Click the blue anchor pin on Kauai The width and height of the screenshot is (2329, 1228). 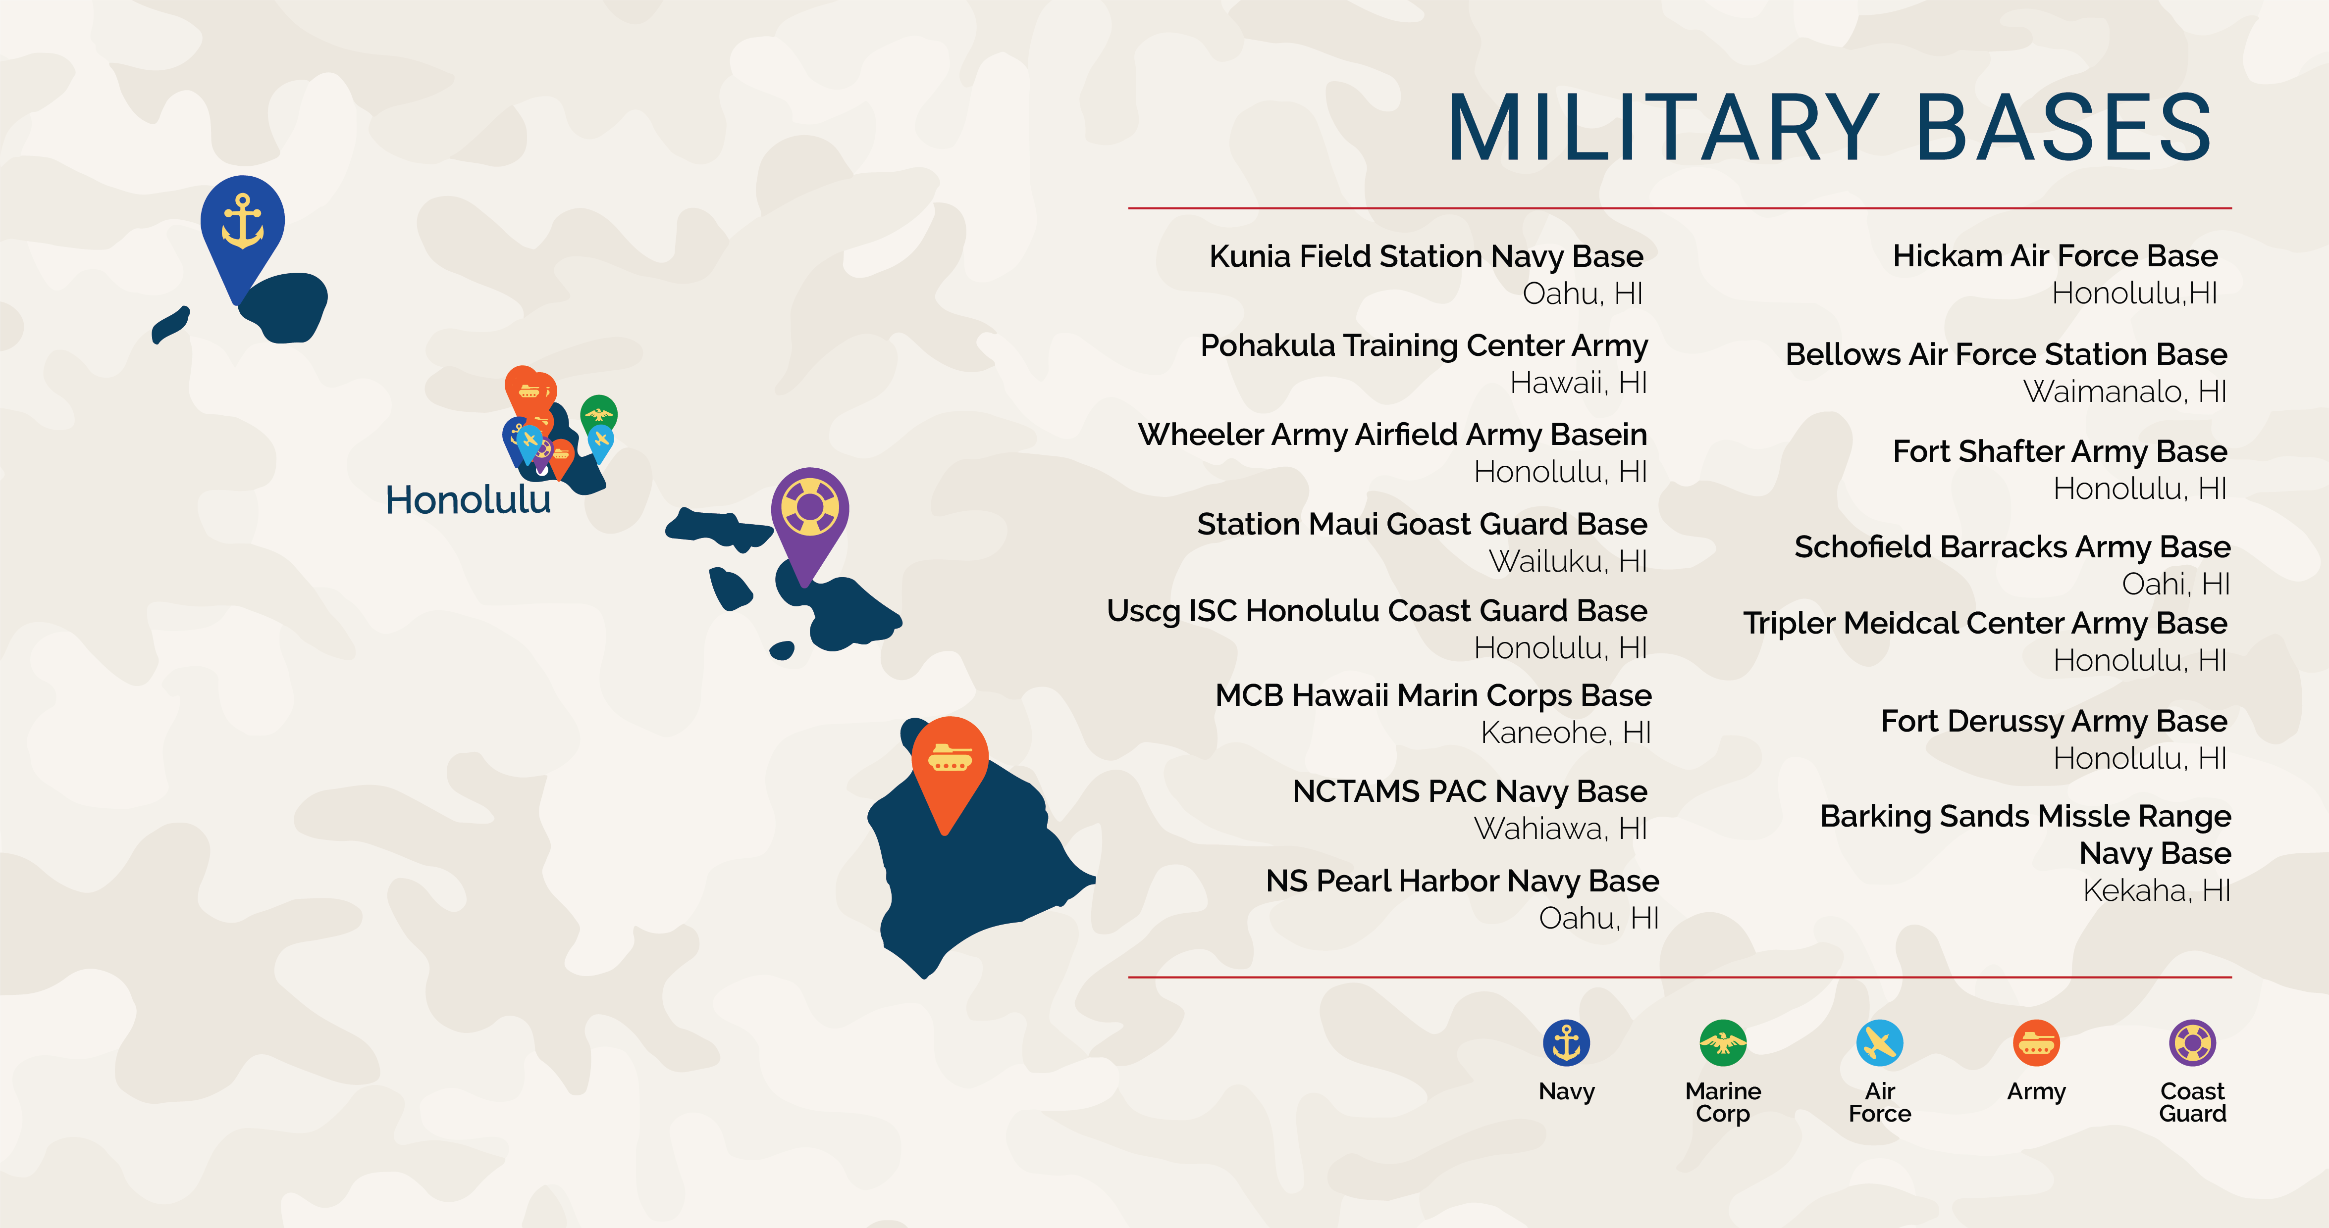point(242,226)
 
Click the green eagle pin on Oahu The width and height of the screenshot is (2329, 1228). point(598,414)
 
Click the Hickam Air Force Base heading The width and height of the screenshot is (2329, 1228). point(2055,256)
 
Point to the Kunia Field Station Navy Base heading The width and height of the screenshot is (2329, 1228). point(1426,256)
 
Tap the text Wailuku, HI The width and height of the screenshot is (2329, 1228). point(1568,561)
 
